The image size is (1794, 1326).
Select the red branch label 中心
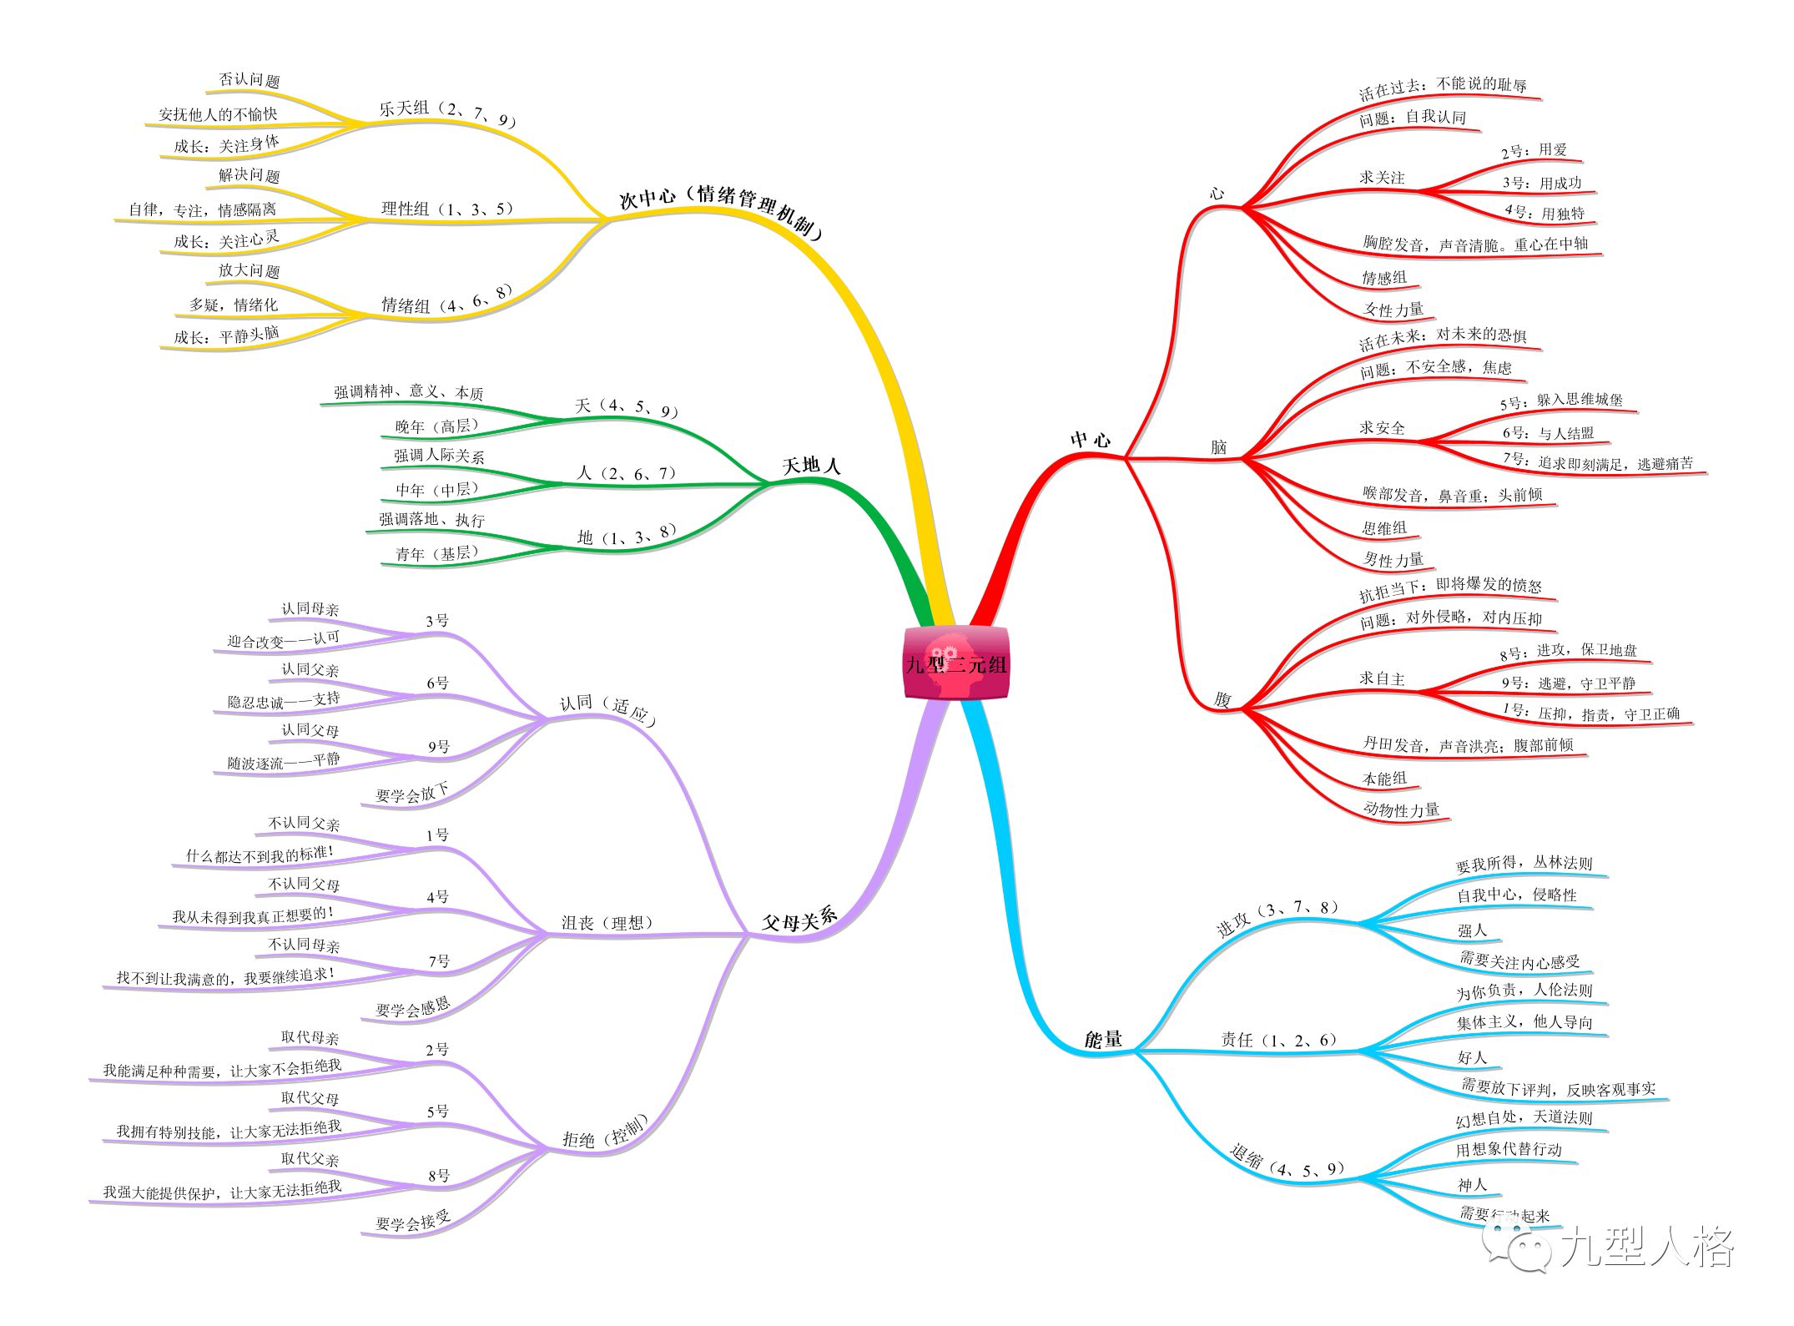pyautogui.click(x=1091, y=440)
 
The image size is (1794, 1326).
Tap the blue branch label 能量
pyautogui.click(x=1103, y=1040)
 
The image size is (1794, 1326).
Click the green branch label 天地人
pyautogui.click(x=811, y=466)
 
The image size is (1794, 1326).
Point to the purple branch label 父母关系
pyautogui.click(x=799, y=920)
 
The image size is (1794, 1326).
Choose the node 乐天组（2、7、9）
pyautogui.click(x=447, y=113)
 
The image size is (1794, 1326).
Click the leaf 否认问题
pyautogui.click(x=249, y=81)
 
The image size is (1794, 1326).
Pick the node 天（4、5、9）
pyautogui.click(x=627, y=408)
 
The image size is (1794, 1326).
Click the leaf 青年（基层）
pyautogui.click(x=437, y=553)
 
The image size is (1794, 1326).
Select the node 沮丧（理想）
pyautogui.click(x=607, y=922)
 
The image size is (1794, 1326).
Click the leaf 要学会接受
pyautogui.click(x=412, y=1223)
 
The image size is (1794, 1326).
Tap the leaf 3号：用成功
pyautogui.click(x=1541, y=183)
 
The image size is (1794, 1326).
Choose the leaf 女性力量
pyautogui.click(x=1393, y=310)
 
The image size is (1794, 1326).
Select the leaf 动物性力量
pyautogui.click(x=1401, y=809)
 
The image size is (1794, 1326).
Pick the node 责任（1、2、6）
pyautogui.click(x=1279, y=1040)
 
